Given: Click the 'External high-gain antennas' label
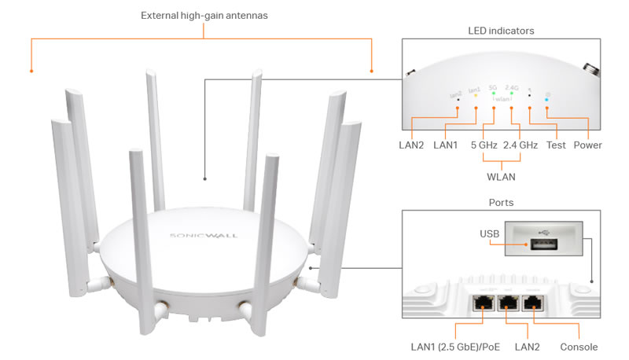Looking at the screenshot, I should coord(204,15).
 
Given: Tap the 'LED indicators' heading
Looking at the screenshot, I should coord(501,30).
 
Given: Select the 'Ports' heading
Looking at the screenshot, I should coord(501,202).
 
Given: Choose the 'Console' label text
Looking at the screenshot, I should coord(579,347).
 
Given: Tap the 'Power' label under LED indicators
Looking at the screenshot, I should coord(588,145).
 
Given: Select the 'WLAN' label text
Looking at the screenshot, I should coord(502,177).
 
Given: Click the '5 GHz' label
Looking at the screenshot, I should coord(484,145).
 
